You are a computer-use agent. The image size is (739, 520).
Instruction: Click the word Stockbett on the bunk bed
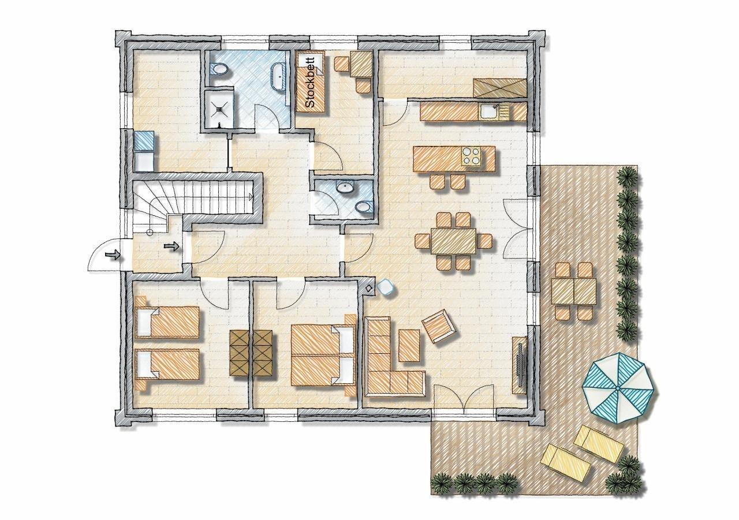click(x=311, y=82)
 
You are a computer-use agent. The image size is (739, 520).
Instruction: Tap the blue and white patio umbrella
click(x=618, y=388)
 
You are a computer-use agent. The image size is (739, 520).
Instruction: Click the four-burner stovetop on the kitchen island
click(x=471, y=156)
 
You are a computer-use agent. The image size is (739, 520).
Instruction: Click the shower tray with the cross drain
click(x=219, y=108)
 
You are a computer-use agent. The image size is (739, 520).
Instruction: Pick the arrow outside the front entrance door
click(x=112, y=255)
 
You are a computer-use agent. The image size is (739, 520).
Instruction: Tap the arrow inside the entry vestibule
click(x=171, y=246)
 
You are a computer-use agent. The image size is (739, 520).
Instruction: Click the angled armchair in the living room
click(x=439, y=327)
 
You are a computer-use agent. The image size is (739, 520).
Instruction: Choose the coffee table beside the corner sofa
click(x=409, y=345)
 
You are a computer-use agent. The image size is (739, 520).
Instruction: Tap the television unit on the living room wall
click(x=519, y=365)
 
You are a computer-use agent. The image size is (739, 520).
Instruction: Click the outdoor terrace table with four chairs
click(x=573, y=291)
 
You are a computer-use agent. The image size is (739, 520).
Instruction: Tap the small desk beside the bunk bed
click(x=361, y=65)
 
